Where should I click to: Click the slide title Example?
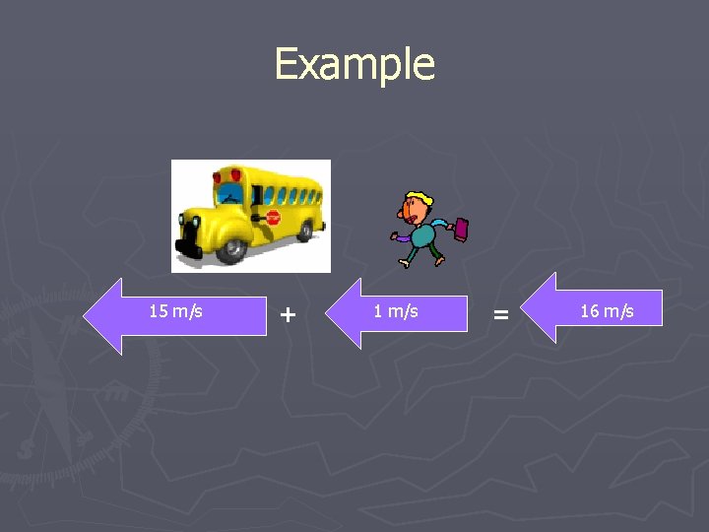[354, 64]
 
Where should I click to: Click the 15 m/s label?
[175, 311]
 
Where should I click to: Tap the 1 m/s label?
[396, 311]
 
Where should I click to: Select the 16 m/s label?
[607, 311]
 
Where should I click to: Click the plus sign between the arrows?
[287, 314]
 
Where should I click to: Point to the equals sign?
[501, 314]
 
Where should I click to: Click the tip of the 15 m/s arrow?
[86, 315]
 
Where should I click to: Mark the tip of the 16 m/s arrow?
[523, 307]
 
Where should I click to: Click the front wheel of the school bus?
[232, 246]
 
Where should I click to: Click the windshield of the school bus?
[229, 193]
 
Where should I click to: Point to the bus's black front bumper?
[184, 236]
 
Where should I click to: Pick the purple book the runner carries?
[459, 230]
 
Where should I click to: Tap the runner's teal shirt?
[423, 234]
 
